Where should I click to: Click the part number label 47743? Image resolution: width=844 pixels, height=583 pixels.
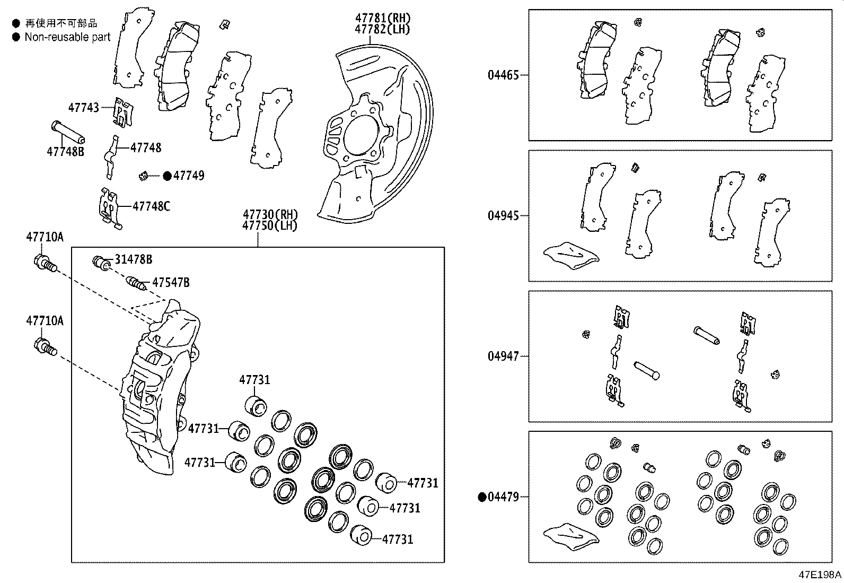pos(83,107)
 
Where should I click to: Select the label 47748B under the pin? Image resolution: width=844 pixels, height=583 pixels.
pos(65,151)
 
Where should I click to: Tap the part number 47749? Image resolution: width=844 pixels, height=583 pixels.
pos(189,176)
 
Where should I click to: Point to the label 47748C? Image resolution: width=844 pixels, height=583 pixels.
pos(151,206)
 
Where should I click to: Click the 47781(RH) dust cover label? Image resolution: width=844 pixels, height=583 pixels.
pos(382,19)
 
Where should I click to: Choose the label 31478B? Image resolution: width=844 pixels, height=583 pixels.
pos(134,259)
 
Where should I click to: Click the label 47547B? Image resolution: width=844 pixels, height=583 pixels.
pos(171,282)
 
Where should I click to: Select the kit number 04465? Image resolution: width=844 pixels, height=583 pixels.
pos(503,75)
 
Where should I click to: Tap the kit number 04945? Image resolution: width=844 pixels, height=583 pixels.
pos(503,216)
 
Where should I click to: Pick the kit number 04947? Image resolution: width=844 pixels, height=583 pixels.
pos(503,356)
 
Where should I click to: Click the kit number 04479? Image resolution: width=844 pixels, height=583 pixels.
pos(503,497)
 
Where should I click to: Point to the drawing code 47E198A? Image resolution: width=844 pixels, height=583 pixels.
pos(820,575)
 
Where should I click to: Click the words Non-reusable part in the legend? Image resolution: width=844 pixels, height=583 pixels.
pos(67,37)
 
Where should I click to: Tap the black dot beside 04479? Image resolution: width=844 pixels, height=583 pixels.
pos(482,497)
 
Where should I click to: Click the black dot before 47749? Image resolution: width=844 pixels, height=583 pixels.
pos(167,176)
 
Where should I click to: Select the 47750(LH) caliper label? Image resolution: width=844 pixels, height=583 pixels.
pos(270,225)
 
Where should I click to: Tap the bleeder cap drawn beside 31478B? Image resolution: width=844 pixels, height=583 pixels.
pos(101,262)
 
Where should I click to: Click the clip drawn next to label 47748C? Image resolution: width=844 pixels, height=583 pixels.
pos(110,208)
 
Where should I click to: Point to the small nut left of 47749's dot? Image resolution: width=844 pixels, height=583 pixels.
pos(143,175)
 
